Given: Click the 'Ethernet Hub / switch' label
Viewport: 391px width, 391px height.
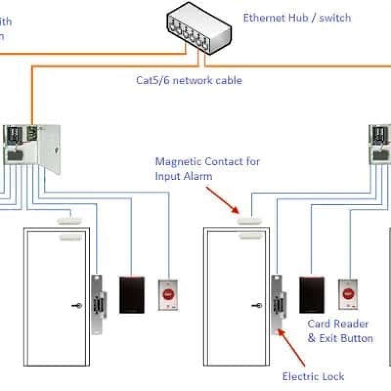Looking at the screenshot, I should (297, 18).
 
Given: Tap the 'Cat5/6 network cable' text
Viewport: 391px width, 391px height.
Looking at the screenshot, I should (189, 80).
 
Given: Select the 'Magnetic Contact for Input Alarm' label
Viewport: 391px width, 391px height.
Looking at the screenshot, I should (207, 169).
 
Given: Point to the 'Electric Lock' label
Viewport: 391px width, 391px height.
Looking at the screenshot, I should (313, 376).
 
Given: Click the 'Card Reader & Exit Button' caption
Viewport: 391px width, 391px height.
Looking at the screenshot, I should (340, 331).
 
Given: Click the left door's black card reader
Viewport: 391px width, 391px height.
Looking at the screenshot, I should (132, 295).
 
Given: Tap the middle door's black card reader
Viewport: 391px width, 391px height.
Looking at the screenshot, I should (312, 295).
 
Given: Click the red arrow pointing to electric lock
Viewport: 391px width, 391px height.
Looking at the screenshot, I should (293, 348).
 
